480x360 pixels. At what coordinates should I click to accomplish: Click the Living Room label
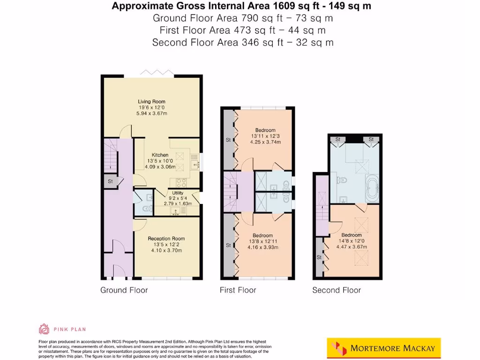click(x=151, y=101)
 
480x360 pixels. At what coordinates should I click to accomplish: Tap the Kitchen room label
click(x=160, y=155)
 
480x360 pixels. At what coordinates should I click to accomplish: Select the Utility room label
click(x=178, y=193)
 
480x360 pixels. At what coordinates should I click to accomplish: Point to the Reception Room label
click(x=166, y=238)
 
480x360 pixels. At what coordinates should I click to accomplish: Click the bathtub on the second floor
click(x=373, y=188)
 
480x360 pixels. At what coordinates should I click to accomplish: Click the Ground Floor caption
click(x=124, y=290)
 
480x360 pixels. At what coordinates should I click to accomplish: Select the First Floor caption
click(x=238, y=290)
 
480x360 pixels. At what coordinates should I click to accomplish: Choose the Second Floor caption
click(x=337, y=290)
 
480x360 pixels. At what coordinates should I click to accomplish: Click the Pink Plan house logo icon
click(x=44, y=329)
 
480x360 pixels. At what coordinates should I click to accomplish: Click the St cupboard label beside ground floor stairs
click(x=110, y=181)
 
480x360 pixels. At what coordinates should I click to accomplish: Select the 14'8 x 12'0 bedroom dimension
click(x=352, y=241)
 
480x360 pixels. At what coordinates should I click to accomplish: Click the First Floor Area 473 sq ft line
click(x=242, y=30)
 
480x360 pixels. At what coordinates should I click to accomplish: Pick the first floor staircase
click(x=231, y=191)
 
